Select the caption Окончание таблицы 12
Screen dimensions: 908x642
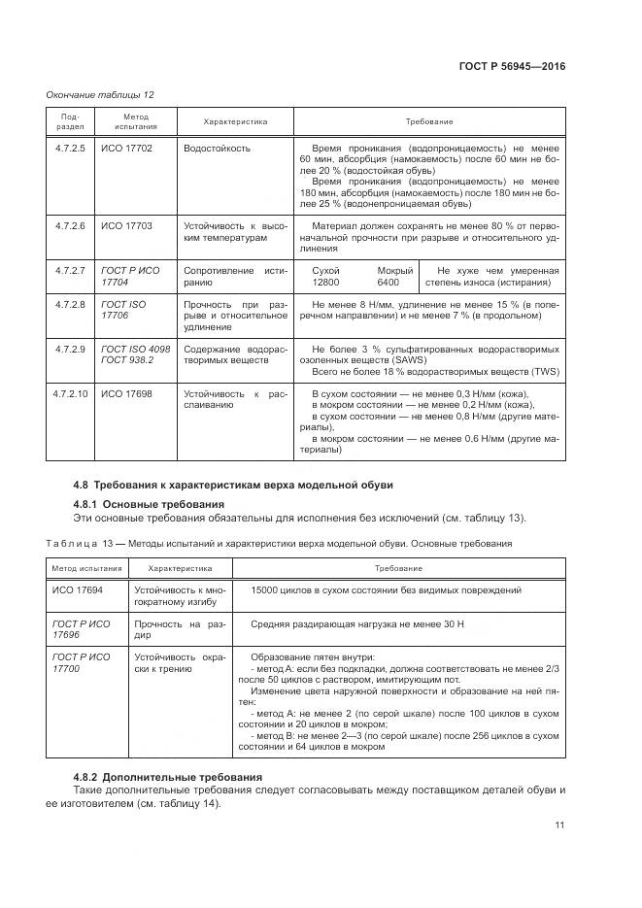tap(101, 94)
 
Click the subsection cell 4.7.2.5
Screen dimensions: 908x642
tap(71, 149)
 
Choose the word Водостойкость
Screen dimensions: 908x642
tap(218, 149)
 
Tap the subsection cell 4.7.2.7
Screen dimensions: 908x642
tap(71, 270)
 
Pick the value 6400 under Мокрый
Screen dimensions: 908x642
tap(389, 283)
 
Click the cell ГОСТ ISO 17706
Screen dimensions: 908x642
tap(123, 310)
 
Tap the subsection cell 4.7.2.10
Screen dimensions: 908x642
tap(72, 393)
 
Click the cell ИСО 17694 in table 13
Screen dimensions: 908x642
tap(78, 589)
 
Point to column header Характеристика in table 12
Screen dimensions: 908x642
tap(235, 121)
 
